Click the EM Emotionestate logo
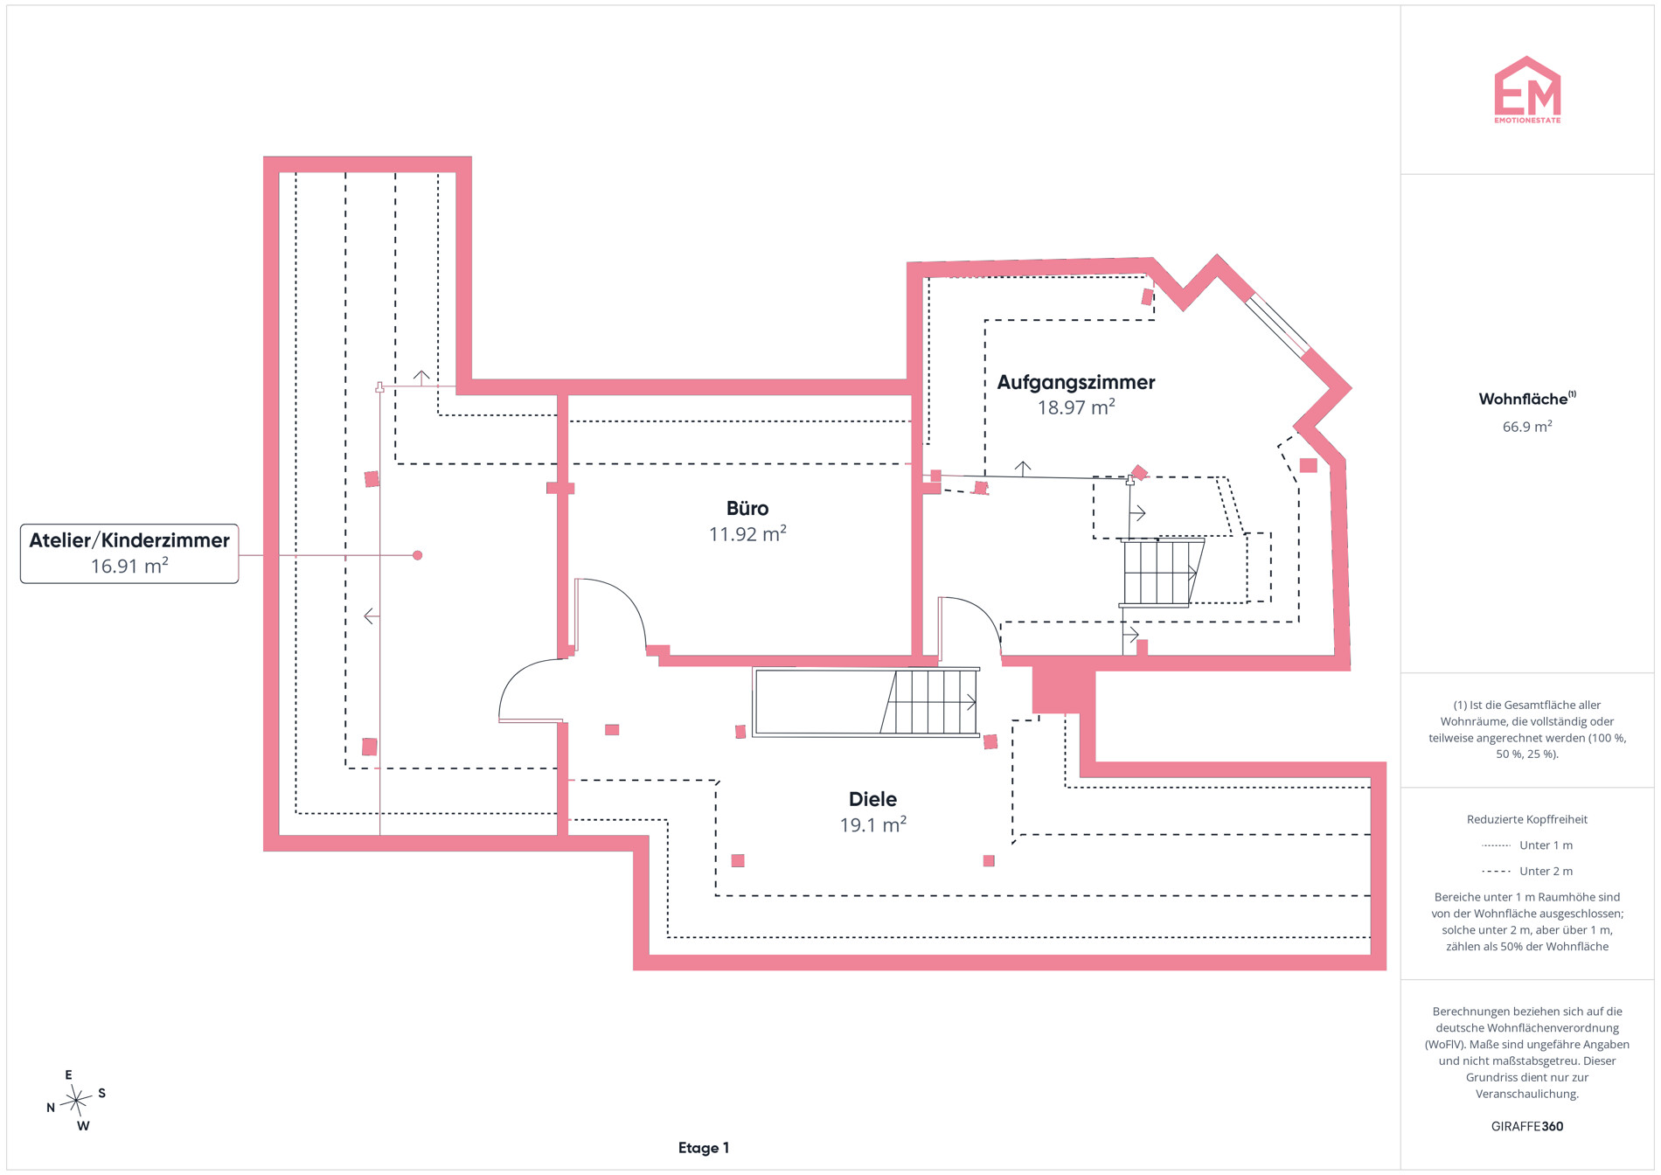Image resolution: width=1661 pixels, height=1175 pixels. click(x=1527, y=90)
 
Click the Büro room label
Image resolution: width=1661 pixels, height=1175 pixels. click(x=747, y=508)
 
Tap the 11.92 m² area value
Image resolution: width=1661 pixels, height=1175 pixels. click(x=747, y=533)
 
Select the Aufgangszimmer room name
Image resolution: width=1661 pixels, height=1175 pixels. click(x=1076, y=382)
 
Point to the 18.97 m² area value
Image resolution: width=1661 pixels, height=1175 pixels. click(x=1076, y=407)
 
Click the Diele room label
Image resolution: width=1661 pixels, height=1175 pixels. click(x=872, y=799)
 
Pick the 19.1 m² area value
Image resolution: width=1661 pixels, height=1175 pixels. click(x=872, y=824)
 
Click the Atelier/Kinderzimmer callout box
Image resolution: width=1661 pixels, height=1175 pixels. click(x=129, y=553)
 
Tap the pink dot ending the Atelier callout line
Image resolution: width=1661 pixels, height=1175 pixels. click(x=418, y=555)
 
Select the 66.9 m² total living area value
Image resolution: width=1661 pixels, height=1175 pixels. click(x=1527, y=427)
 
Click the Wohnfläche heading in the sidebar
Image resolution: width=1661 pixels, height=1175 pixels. click(x=1527, y=399)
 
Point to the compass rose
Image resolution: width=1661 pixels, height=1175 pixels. click(x=77, y=1100)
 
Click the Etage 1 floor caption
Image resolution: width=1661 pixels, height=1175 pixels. click(x=704, y=1148)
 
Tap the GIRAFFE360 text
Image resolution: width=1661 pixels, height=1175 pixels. click(x=1527, y=1126)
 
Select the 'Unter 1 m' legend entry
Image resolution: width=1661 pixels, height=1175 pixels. click(x=1527, y=845)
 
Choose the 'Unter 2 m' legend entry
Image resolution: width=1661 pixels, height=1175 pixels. click(x=1527, y=871)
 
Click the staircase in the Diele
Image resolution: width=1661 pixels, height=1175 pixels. click(x=865, y=702)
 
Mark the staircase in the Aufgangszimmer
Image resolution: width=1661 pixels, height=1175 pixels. click(x=1161, y=573)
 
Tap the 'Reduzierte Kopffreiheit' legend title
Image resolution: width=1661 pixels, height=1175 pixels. click(x=1527, y=819)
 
